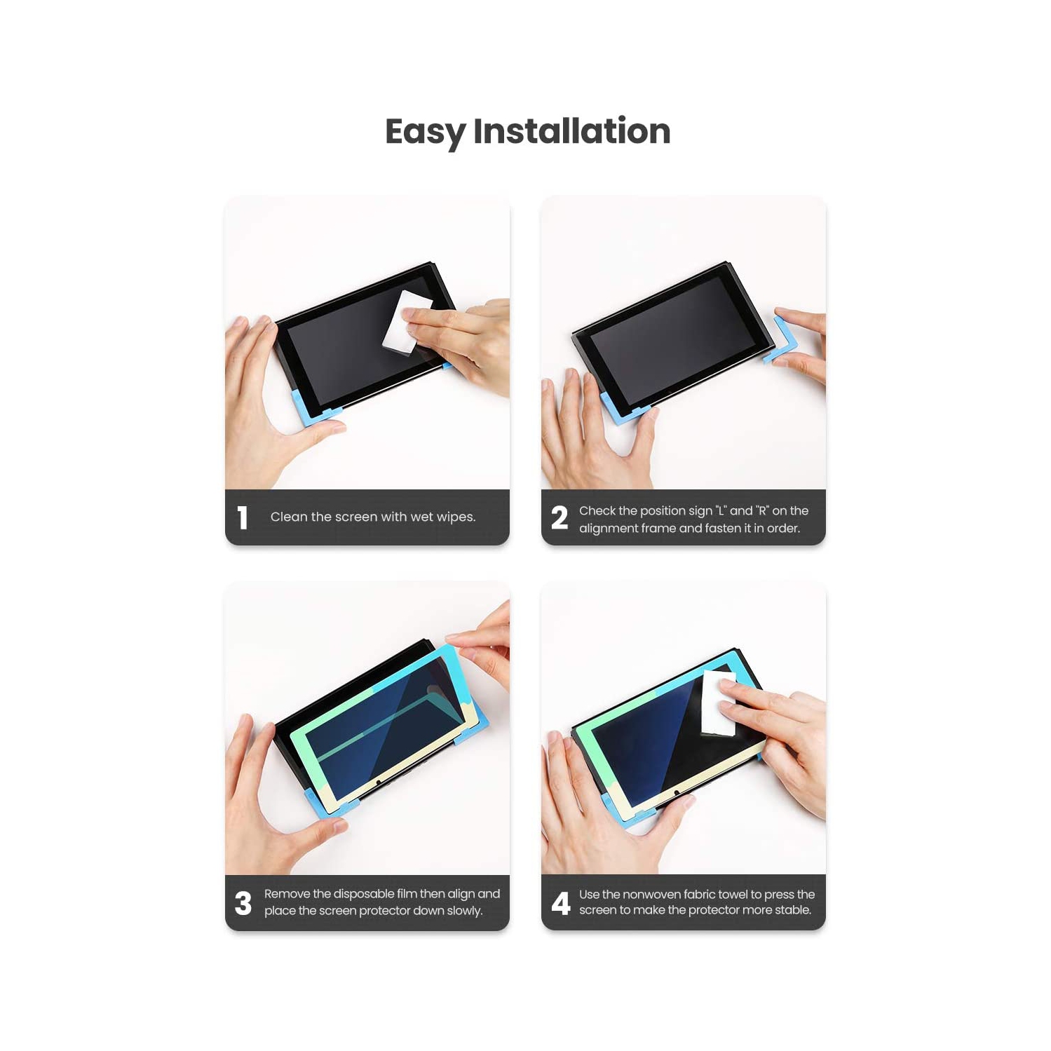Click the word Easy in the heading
point(425,132)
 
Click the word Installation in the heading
point(571,132)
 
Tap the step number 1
point(243,517)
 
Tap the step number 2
point(560,517)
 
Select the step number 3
point(243,903)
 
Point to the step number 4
point(561,903)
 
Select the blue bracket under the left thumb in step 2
point(617,410)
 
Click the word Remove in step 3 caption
point(287,894)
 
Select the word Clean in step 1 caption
point(289,517)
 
